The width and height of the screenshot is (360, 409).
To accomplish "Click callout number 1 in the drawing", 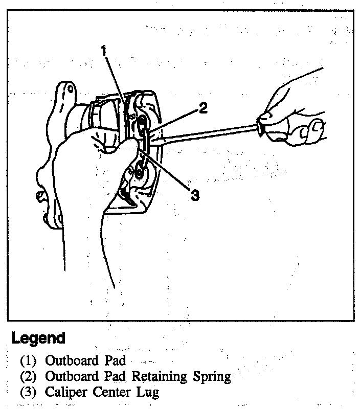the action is (104, 51).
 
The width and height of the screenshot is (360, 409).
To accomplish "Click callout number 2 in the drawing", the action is (203, 108).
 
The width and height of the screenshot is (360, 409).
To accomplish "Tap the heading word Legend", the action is (39, 338).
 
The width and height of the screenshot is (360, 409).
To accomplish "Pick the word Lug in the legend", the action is (148, 393).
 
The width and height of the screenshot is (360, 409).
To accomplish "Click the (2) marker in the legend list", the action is (29, 377).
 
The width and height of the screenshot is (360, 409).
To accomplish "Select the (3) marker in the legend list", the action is (29, 393).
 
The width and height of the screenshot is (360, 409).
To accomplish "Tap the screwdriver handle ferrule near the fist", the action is (262, 124).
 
